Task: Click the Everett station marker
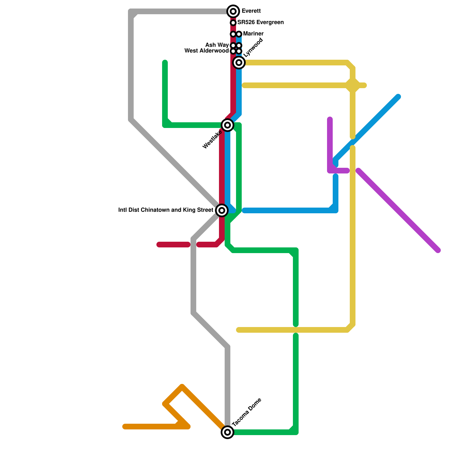233,11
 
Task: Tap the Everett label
251,11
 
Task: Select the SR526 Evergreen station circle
233,22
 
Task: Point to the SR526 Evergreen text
260,22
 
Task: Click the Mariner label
253,34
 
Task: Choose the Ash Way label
217,45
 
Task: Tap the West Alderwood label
206,51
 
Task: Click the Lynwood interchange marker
239,62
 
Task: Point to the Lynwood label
253,47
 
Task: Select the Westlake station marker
227,125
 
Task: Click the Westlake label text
212,140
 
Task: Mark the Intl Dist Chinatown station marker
222,210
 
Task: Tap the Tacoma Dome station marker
227,432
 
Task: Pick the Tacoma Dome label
247,412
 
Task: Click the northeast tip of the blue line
398,97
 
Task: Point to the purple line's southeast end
438,251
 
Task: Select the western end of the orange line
125,427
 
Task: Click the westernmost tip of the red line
159,245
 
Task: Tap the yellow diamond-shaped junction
353,85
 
